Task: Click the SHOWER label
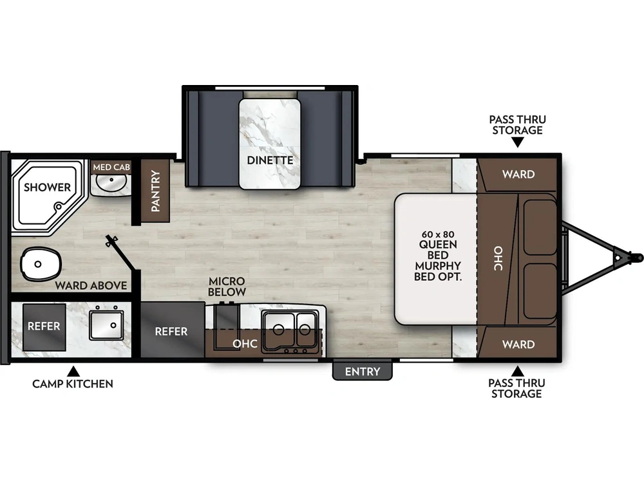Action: coord(47,187)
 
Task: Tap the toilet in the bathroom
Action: coord(41,263)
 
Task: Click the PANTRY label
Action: coord(155,191)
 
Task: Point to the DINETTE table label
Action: coord(270,160)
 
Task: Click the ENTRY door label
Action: coord(363,372)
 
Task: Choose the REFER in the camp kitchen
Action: coord(44,326)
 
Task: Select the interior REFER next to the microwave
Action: coord(171,331)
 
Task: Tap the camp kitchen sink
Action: coord(106,325)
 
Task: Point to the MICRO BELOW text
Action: coord(227,287)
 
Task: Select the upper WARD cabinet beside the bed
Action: coord(518,174)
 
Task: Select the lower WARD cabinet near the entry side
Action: coord(518,345)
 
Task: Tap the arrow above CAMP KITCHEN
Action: coord(73,371)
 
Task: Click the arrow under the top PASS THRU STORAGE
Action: coord(517,142)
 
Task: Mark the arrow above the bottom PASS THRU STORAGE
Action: coord(517,370)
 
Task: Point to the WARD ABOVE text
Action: coord(90,285)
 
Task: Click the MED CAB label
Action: coord(111,167)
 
